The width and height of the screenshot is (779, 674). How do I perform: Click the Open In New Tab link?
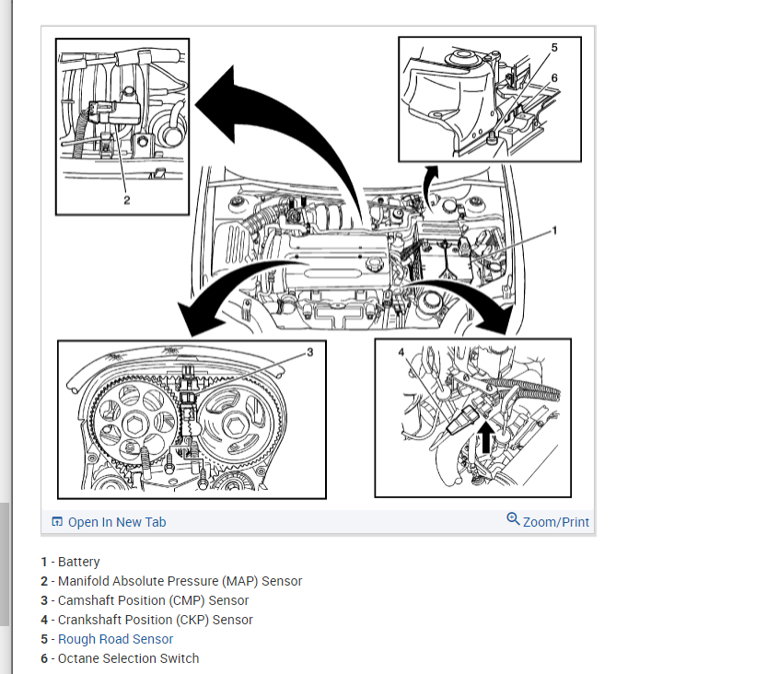(117, 522)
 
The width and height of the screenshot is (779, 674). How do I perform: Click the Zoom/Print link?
(556, 522)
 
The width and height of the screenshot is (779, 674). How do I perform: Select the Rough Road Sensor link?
(115, 639)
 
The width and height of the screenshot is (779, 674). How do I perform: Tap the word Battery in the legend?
(78, 562)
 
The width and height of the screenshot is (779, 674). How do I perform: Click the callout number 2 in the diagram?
(127, 200)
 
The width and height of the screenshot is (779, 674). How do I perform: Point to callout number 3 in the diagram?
(310, 352)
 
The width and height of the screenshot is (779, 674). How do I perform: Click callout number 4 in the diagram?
(401, 352)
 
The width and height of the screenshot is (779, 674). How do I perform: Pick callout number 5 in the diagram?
(554, 48)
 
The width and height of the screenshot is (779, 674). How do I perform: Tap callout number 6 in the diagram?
(554, 78)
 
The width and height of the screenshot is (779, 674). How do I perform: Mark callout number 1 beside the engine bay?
(554, 230)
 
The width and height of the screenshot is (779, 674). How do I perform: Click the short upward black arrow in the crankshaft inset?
(486, 437)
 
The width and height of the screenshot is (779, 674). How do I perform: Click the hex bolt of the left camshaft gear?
(134, 425)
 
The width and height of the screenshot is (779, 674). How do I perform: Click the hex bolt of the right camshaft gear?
(234, 425)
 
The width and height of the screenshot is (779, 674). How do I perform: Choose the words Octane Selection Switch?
(128, 658)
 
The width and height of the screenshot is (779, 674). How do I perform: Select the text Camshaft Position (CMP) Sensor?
(153, 600)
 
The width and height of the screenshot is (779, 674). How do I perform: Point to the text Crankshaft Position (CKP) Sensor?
(155, 620)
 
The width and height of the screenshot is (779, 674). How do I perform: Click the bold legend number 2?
(44, 581)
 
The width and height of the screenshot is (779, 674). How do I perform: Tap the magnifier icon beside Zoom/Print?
(513, 519)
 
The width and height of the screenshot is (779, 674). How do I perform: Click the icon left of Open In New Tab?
(57, 521)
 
